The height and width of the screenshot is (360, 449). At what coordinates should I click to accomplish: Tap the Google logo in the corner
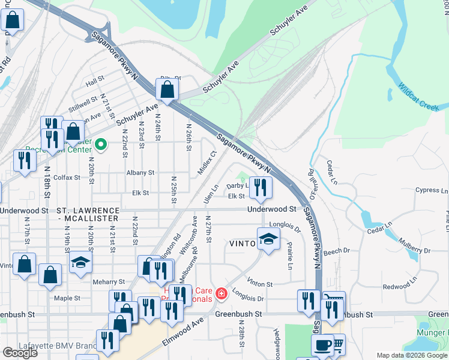(x=20, y=353)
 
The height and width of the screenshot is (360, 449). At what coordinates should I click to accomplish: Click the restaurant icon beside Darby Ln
(x=261, y=188)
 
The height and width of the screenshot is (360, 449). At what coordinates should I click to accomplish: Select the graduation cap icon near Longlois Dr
(x=268, y=239)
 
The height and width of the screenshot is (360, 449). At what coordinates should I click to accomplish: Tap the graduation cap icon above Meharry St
(x=80, y=263)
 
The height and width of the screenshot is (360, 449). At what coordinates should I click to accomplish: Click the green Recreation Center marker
(x=101, y=144)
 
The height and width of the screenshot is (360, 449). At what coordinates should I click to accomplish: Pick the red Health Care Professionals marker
(x=221, y=293)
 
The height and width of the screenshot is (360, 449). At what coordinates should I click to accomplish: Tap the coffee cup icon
(x=322, y=346)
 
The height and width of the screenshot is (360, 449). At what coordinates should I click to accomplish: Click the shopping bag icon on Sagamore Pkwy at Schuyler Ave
(x=167, y=89)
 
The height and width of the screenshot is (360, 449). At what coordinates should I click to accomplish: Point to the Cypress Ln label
(x=431, y=190)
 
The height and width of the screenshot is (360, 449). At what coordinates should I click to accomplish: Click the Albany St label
(x=140, y=172)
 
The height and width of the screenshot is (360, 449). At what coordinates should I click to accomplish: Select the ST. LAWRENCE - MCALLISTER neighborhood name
(x=88, y=215)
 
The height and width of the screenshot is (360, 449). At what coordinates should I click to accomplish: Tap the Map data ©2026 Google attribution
(x=411, y=355)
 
